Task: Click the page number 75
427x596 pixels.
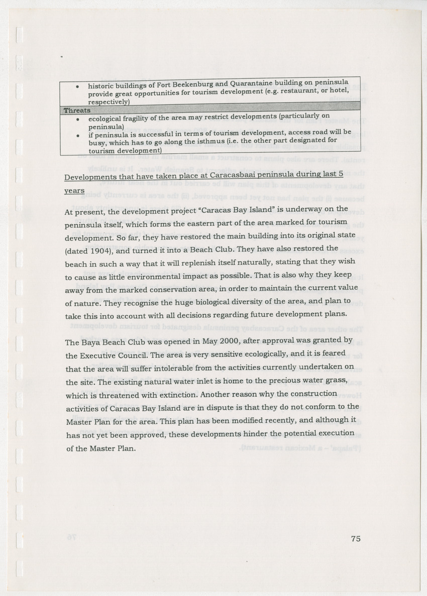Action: pyautogui.click(x=356, y=539)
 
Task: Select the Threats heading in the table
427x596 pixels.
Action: pyautogui.click(x=77, y=110)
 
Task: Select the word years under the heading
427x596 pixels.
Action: pyautogui.click(x=74, y=191)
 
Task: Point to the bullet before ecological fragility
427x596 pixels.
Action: pyautogui.click(x=77, y=120)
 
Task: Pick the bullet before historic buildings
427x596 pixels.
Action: pyautogui.click(x=77, y=86)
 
